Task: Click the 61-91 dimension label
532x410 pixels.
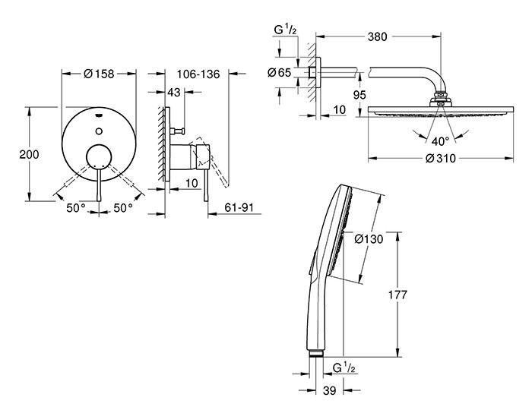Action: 239,207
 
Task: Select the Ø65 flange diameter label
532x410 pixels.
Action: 277,73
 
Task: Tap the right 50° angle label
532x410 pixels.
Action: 124,207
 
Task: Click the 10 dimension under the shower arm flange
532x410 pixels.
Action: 338,111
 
